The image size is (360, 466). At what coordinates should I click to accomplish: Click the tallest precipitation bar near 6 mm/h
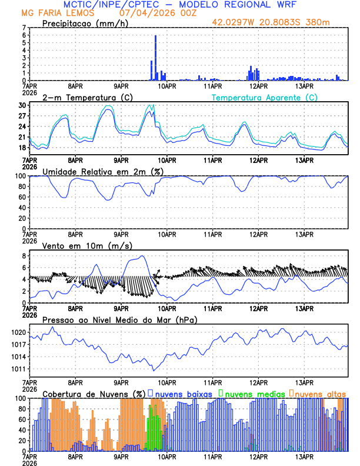click(x=155, y=58)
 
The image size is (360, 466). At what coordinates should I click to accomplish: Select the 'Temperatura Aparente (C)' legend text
click(x=264, y=97)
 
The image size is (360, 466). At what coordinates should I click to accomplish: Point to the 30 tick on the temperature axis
click(x=24, y=105)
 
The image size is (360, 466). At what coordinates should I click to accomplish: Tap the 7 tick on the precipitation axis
click(x=24, y=28)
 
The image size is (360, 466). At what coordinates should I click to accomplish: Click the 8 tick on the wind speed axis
click(x=24, y=256)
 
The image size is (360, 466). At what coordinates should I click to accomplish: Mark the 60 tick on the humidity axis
click(x=22, y=197)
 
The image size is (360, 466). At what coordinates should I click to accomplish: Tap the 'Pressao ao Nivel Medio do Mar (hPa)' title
click(x=119, y=319)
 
